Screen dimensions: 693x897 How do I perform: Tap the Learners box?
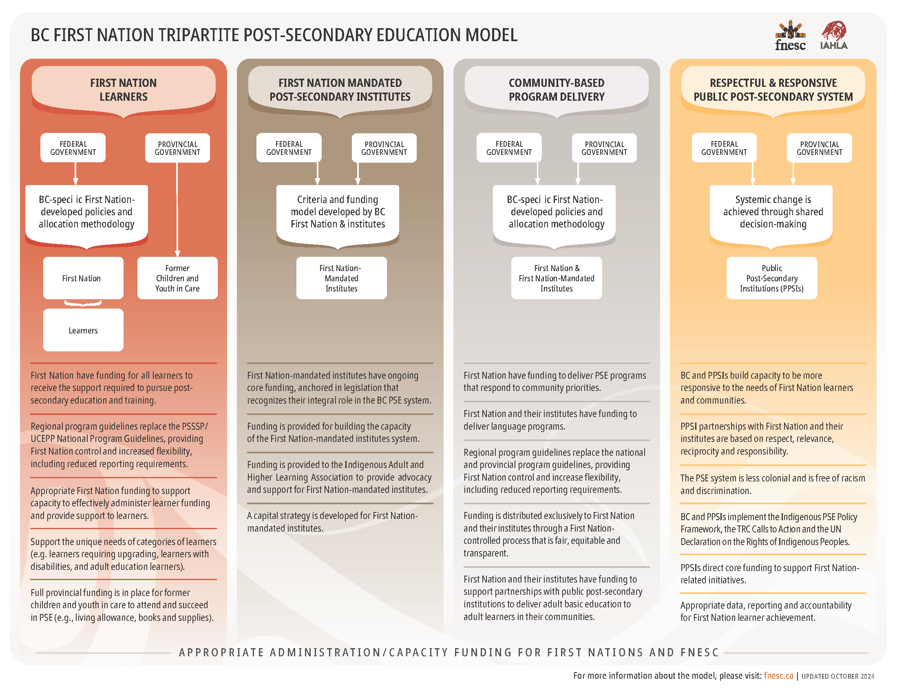point(83,331)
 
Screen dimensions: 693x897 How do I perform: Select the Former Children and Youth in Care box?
point(177,278)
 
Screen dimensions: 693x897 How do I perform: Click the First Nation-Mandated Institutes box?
point(341,278)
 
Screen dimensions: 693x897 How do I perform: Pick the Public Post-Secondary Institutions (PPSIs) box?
point(771,278)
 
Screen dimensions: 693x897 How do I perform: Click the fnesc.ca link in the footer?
point(778,676)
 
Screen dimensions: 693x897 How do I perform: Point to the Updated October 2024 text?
point(838,676)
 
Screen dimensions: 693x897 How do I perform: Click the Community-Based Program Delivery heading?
point(557,90)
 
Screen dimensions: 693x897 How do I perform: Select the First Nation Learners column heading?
point(123,90)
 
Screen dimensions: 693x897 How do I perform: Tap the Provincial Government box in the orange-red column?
point(177,148)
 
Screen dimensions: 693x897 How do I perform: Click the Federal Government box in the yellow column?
point(724,148)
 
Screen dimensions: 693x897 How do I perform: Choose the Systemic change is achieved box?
point(773,212)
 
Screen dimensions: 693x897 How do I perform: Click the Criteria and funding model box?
point(338,212)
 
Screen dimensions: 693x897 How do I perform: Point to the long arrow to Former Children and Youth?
point(177,210)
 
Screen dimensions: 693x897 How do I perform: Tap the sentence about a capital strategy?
point(332,522)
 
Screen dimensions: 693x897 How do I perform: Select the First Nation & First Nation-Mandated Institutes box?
point(556,278)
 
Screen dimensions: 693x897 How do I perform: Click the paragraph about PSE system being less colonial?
point(772,484)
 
